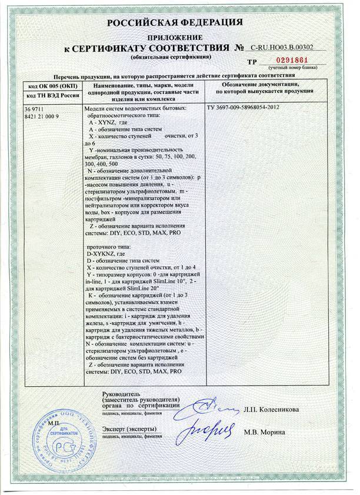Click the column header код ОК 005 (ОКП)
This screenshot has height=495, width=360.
[49, 86]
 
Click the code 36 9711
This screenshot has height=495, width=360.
[35, 110]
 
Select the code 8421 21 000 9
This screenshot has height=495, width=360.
[42, 116]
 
